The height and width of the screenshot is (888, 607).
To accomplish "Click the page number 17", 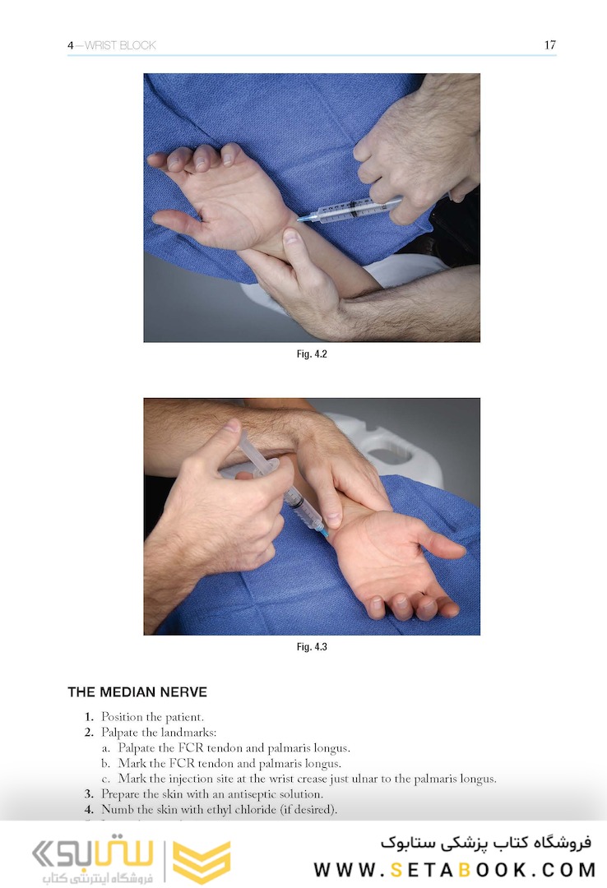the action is [x=549, y=44].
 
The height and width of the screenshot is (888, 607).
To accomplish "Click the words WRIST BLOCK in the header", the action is [x=120, y=45].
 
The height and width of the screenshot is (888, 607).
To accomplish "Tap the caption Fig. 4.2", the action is [x=312, y=354].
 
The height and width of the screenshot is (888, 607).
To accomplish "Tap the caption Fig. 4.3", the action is [x=312, y=647].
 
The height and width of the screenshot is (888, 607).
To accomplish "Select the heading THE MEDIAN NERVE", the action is [x=137, y=692].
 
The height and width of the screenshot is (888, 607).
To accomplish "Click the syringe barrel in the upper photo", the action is [x=345, y=211].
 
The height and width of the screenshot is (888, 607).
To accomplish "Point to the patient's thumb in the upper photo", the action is [x=176, y=223].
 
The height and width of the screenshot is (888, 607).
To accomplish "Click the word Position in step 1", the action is [x=122, y=717].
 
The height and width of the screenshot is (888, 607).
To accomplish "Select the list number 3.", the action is [x=89, y=794].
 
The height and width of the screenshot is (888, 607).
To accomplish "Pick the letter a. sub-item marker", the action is [x=106, y=749].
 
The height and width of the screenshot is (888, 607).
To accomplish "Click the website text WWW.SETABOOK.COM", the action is [x=455, y=869].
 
